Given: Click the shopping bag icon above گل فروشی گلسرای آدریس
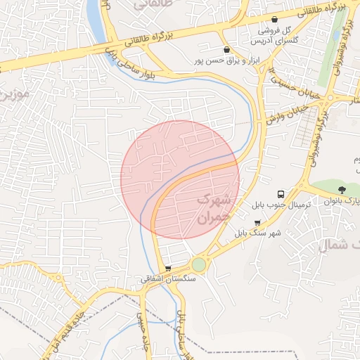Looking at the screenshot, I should [x=274, y=19].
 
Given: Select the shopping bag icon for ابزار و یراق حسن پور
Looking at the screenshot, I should [x=226, y=50].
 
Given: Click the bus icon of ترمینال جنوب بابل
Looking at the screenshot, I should [x=281, y=193].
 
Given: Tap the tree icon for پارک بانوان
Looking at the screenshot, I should [x=342, y=189].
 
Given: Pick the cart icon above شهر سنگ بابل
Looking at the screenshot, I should [x=257, y=222].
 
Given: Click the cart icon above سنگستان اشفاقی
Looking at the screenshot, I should [x=167, y=268].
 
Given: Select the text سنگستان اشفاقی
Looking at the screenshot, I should [x=168, y=279].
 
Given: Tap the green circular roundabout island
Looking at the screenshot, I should [x=199, y=264].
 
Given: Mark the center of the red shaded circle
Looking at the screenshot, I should [x=180, y=180].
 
